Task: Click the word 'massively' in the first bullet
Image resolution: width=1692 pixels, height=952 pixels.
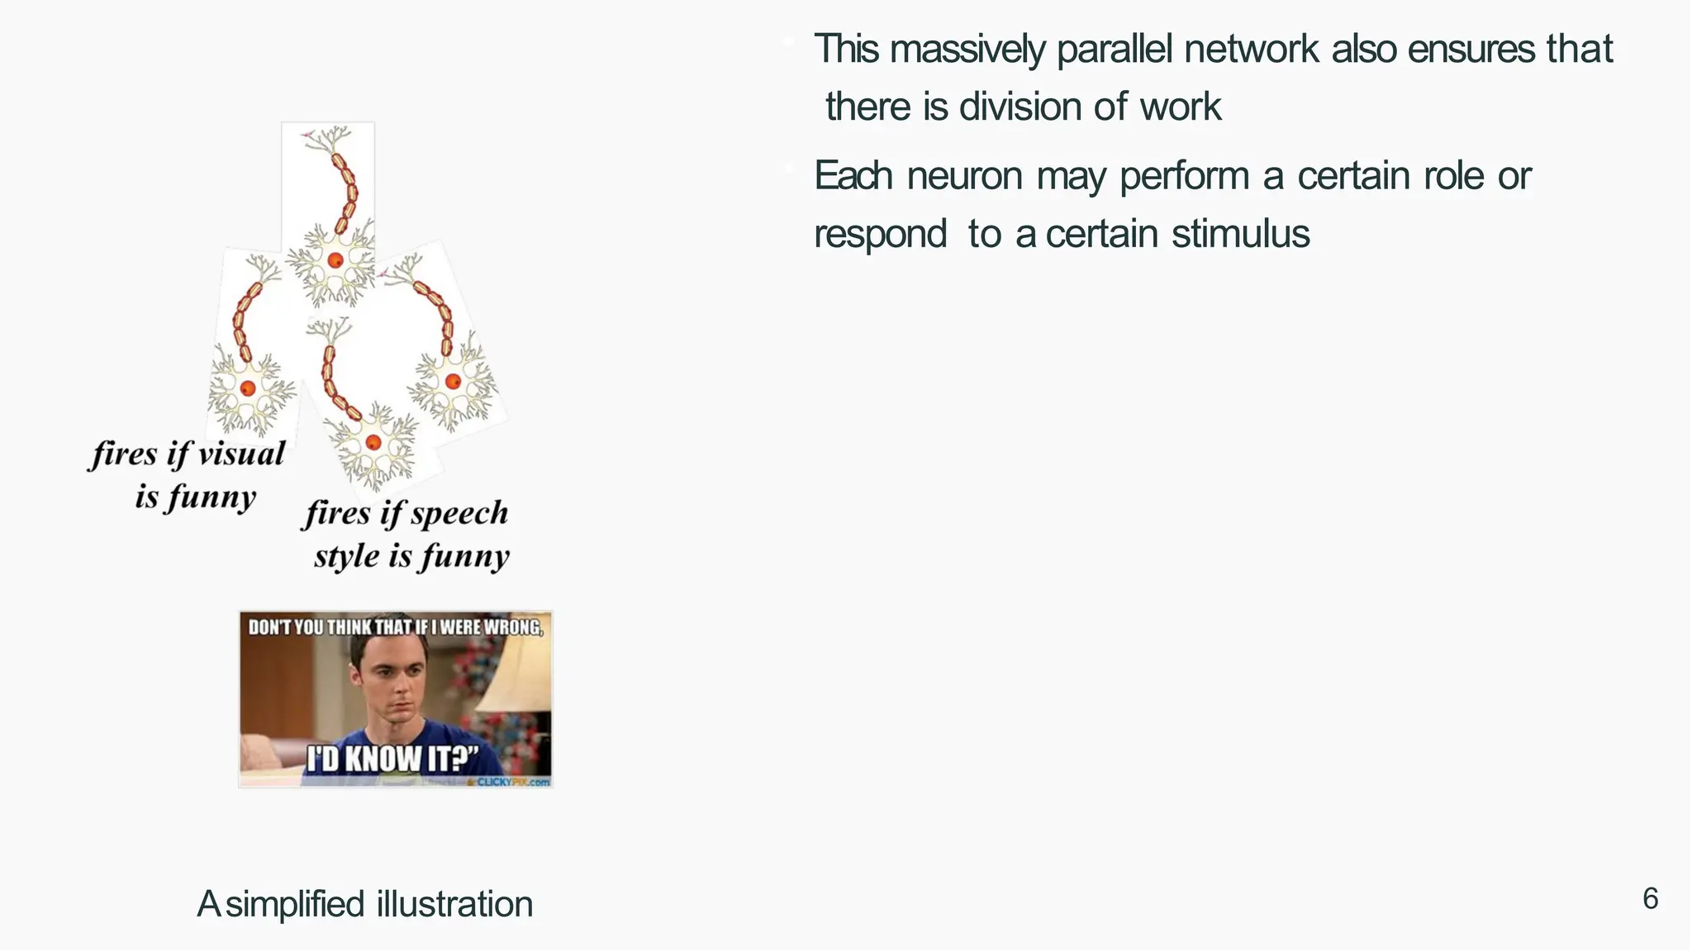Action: click(967, 50)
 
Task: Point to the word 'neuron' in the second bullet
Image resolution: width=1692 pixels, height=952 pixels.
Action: click(964, 176)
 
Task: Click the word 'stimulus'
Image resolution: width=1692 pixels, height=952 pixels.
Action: click(1240, 234)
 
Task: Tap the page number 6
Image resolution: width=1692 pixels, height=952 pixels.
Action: click(1650, 898)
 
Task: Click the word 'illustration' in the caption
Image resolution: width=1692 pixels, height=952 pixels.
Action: click(454, 904)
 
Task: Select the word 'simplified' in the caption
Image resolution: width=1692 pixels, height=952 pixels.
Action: click(295, 904)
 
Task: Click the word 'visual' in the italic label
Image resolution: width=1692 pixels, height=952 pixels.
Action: click(241, 454)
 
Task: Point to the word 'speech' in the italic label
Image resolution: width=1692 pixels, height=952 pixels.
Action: click(459, 514)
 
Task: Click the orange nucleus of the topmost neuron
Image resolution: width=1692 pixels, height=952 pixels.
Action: click(335, 260)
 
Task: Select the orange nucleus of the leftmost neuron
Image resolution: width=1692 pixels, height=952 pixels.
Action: click(247, 388)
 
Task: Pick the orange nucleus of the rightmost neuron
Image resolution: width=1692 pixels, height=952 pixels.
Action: click(453, 381)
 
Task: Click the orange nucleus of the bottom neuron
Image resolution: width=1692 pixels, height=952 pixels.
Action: click(373, 442)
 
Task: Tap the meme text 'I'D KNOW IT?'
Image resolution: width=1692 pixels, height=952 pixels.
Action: click(392, 758)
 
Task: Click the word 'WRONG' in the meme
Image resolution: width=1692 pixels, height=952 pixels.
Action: click(513, 627)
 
